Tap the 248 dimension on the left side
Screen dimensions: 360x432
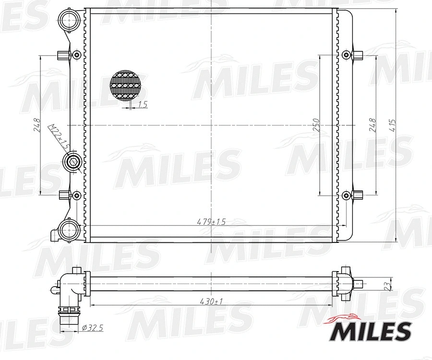point(37,126)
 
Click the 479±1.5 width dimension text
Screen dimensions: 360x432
point(211,222)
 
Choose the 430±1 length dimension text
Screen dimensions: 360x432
point(211,301)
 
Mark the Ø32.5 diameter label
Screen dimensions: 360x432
point(93,327)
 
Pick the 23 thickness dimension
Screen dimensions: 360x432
point(387,285)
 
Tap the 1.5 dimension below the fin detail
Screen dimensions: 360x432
point(142,105)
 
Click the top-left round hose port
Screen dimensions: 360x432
point(68,20)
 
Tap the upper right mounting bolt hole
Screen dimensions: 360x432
point(346,55)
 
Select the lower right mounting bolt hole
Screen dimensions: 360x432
point(346,195)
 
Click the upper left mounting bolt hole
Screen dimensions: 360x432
point(76,55)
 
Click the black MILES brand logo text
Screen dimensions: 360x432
point(372,331)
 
